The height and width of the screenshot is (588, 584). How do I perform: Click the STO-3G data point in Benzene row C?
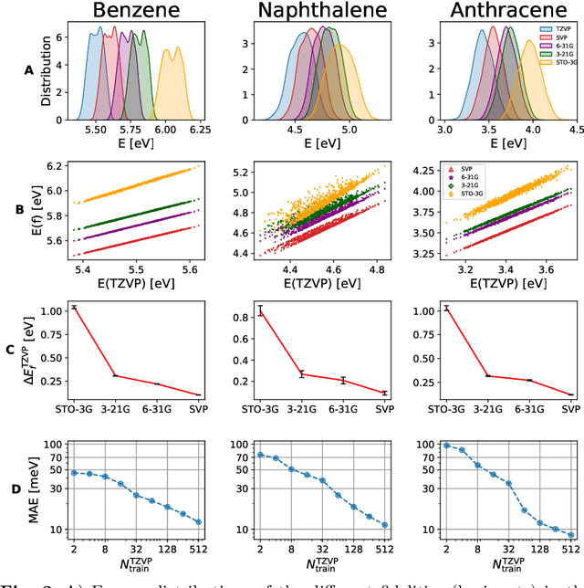pos(75,308)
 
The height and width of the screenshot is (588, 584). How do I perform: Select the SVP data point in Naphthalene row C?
pos(384,393)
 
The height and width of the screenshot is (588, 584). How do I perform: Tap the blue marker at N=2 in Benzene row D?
pos(75,472)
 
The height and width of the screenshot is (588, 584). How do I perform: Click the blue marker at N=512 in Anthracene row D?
pos(570,535)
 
